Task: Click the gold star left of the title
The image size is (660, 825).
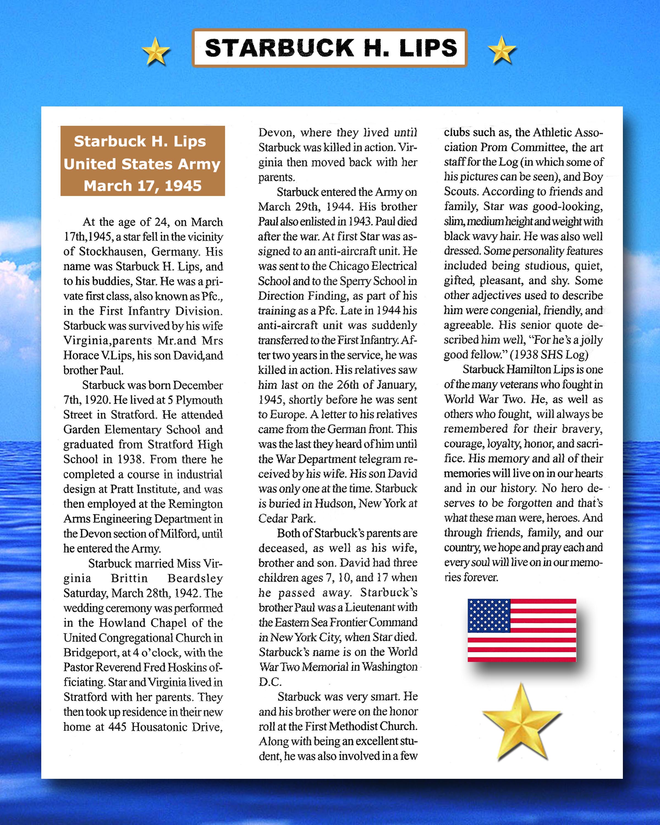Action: point(155,51)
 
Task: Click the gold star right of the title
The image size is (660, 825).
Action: point(502,50)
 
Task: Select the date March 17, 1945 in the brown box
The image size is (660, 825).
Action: point(142,186)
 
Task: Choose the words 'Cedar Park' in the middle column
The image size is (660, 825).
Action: point(287,518)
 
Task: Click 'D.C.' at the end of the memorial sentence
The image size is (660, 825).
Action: point(270,681)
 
